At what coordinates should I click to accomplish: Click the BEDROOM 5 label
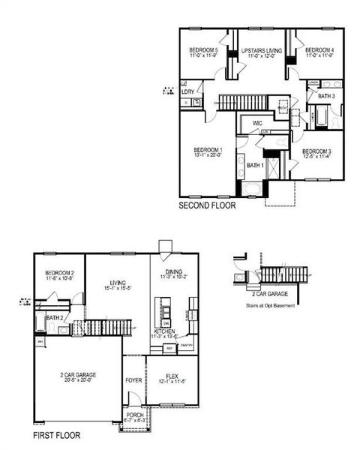[x=203, y=49]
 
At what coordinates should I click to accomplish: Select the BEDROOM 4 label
[x=319, y=49]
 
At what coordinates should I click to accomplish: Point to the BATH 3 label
[x=326, y=96]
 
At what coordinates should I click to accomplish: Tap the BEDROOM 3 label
[x=317, y=151]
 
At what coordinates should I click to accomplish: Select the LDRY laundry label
[x=187, y=91]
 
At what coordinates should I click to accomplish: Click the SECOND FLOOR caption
[x=207, y=205]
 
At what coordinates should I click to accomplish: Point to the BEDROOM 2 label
[x=59, y=273]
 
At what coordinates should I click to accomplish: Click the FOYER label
[x=133, y=380]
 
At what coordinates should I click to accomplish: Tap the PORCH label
[x=135, y=415]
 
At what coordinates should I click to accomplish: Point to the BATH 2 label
[x=54, y=318]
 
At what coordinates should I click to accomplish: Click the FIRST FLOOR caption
[x=57, y=434]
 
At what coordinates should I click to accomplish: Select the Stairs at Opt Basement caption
[x=270, y=306]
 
